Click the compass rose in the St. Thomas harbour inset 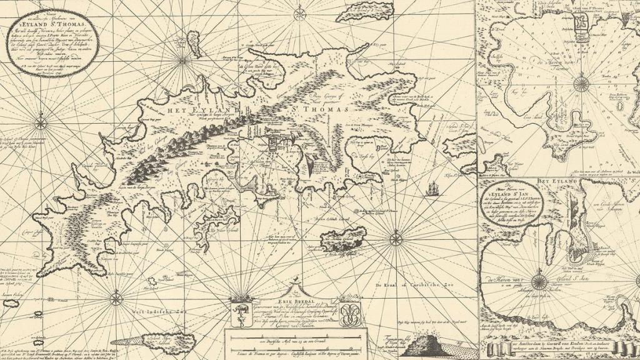581,82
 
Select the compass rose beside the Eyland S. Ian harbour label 538,282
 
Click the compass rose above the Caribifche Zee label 396,238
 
